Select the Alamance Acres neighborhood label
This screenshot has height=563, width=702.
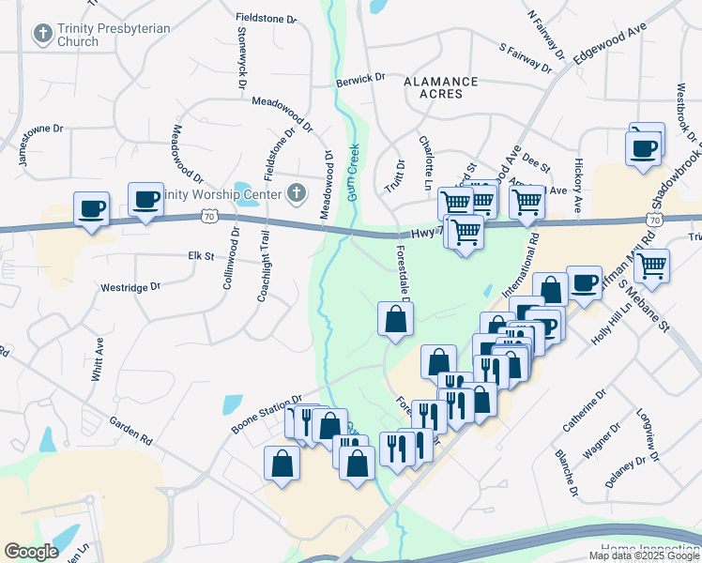pos(440,88)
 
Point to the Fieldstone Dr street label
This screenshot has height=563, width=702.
pos(267,18)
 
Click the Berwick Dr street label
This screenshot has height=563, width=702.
pos(361,81)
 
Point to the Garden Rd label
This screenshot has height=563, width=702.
pos(130,431)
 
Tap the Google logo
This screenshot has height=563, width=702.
pos(31,552)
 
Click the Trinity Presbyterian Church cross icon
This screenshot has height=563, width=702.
pos(41,35)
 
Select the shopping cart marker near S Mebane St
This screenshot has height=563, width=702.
pos(651,265)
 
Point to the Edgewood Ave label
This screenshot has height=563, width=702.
pos(611,43)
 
